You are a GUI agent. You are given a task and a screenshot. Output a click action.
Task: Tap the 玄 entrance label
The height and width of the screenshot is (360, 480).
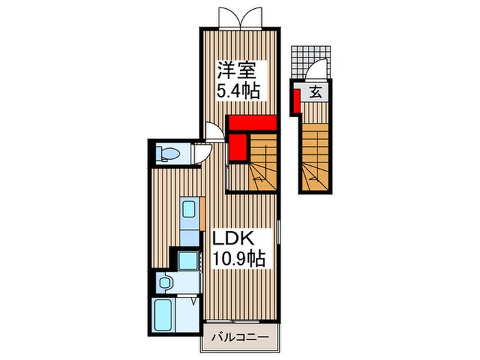pos(315,91)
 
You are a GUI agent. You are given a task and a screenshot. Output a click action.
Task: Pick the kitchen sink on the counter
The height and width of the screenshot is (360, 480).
pos(189,210)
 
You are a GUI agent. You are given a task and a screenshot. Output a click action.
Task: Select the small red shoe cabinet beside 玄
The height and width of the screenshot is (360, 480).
pos(295,99)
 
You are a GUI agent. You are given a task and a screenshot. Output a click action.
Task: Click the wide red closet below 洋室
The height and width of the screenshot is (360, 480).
pos(252,123)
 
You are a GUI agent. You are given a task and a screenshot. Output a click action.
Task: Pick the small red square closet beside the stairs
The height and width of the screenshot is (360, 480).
pos(237,146)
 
